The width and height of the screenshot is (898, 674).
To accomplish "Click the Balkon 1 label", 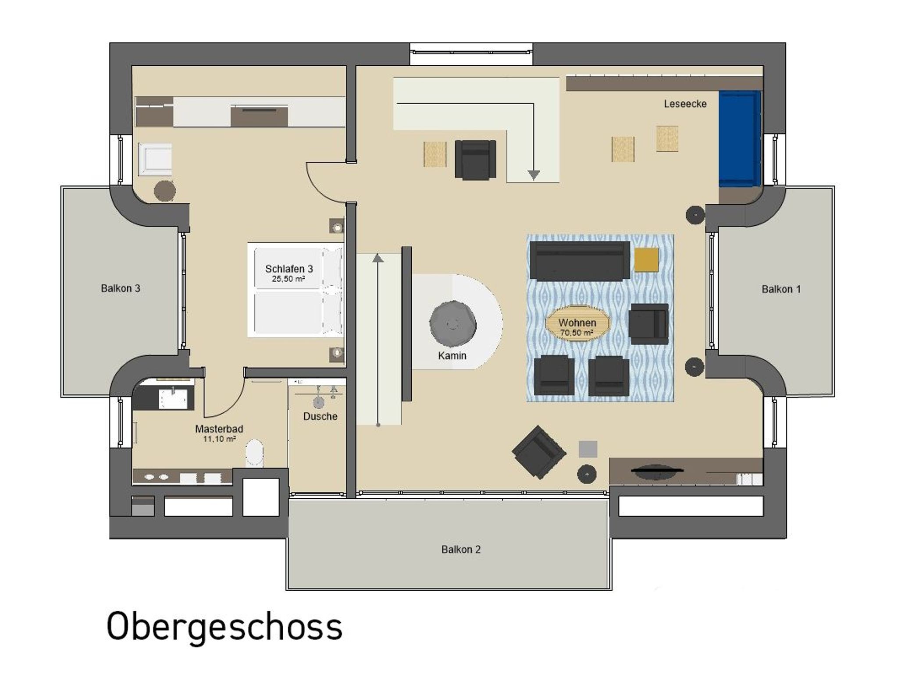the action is (x=781, y=289).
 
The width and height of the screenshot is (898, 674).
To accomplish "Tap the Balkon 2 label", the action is (x=461, y=550).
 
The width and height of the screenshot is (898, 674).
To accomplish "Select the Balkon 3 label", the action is (x=121, y=288).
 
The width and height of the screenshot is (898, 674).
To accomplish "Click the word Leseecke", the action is (x=685, y=104).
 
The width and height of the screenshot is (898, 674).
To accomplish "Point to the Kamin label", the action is (x=452, y=356).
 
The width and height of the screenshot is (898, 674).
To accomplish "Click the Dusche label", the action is (x=320, y=416).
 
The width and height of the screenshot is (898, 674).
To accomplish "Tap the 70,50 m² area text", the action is (x=577, y=333).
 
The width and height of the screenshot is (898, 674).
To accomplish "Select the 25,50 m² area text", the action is (x=289, y=279).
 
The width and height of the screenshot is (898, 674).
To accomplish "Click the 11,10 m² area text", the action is (x=219, y=439).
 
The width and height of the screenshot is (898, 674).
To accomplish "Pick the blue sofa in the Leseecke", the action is (x=739, y=138).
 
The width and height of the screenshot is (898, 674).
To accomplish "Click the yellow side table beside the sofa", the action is (x=646, y=260).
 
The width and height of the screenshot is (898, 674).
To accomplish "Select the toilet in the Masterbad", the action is (x=254, y=453).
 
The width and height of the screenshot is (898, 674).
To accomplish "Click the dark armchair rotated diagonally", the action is (x=539, y=452).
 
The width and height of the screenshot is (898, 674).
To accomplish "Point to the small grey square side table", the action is (x=588, y=449).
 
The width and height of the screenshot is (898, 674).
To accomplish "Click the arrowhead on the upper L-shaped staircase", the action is (x=533, y=175).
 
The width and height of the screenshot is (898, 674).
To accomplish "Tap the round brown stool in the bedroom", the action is (x=165, y=191).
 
